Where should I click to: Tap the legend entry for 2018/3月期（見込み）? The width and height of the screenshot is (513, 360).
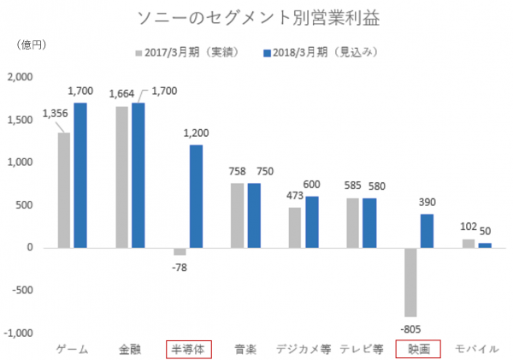tap(320, 53)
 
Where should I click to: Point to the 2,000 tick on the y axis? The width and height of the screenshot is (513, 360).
tap(19, 77)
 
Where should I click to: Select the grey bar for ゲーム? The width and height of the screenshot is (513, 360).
tap(64, 190)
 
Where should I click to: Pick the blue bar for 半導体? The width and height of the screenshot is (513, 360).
tap(195, 196)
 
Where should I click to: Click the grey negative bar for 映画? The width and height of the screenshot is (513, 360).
tap(410, 282)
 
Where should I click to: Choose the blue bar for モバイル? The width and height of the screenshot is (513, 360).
tap(485, 245)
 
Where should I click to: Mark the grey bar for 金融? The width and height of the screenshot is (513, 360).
tap(121, 177)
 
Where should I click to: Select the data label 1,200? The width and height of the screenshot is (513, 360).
tap(196, 134)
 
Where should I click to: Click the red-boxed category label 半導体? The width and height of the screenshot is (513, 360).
tap(187, 349)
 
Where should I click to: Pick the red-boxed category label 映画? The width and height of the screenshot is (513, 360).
tap(419, 349)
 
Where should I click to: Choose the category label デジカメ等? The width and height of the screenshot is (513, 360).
tap(303, 349)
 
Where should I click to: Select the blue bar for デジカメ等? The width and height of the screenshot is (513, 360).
tap(311, 221)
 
